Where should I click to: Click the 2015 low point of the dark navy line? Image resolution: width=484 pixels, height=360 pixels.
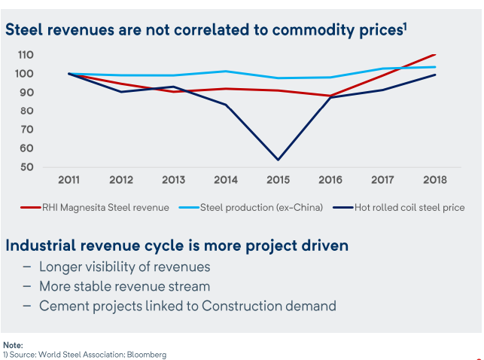pos(278,160)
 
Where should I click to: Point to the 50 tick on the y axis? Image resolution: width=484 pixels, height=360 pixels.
pos(26,166)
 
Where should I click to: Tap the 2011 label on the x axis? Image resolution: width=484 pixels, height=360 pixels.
pos(70,181)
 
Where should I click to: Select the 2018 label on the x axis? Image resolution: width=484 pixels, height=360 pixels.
pos(434,181)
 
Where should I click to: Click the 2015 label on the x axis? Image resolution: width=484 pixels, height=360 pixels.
pos(278,181)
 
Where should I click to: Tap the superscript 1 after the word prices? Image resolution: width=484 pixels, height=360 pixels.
pos(404,27)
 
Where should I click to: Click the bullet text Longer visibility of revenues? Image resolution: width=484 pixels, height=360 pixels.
pos(124,267)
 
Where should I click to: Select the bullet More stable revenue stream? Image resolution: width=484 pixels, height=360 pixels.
pos(124,286)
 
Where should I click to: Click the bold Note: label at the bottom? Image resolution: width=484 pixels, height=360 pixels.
pos(13,345)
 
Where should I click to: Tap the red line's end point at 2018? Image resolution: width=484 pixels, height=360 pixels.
pos(435,54)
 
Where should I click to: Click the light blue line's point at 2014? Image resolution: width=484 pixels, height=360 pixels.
pos(226,72)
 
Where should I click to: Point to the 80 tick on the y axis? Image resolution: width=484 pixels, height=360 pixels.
pos(26,111)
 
